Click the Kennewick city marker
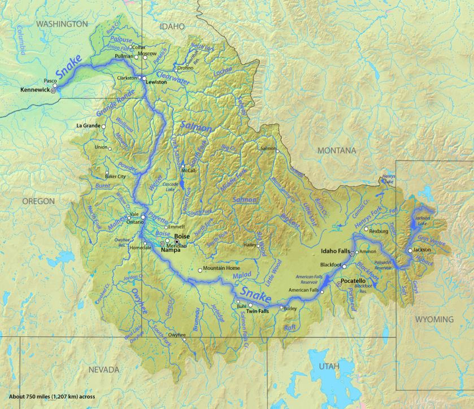point(53,90)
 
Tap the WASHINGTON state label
point(62,24)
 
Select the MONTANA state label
point(336,151)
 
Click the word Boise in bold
point(181,237)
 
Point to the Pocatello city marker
point(339,285)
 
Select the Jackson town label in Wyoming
point(422,249)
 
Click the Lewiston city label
point(156,82)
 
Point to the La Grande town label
point(88,125)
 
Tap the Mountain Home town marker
point(200,270)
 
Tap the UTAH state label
point(329,366)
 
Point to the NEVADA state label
point(104,370)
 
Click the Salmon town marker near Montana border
point(277,150)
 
